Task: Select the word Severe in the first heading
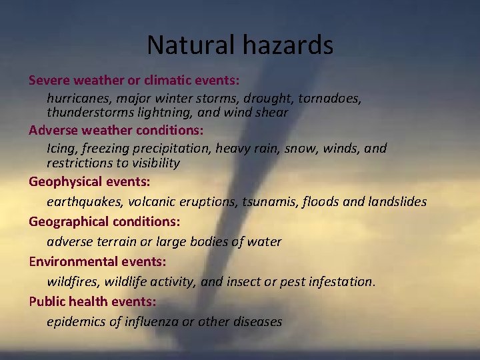tap(49, 80)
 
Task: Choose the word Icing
tap(62, 148)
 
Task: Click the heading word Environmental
tap(74, 261)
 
